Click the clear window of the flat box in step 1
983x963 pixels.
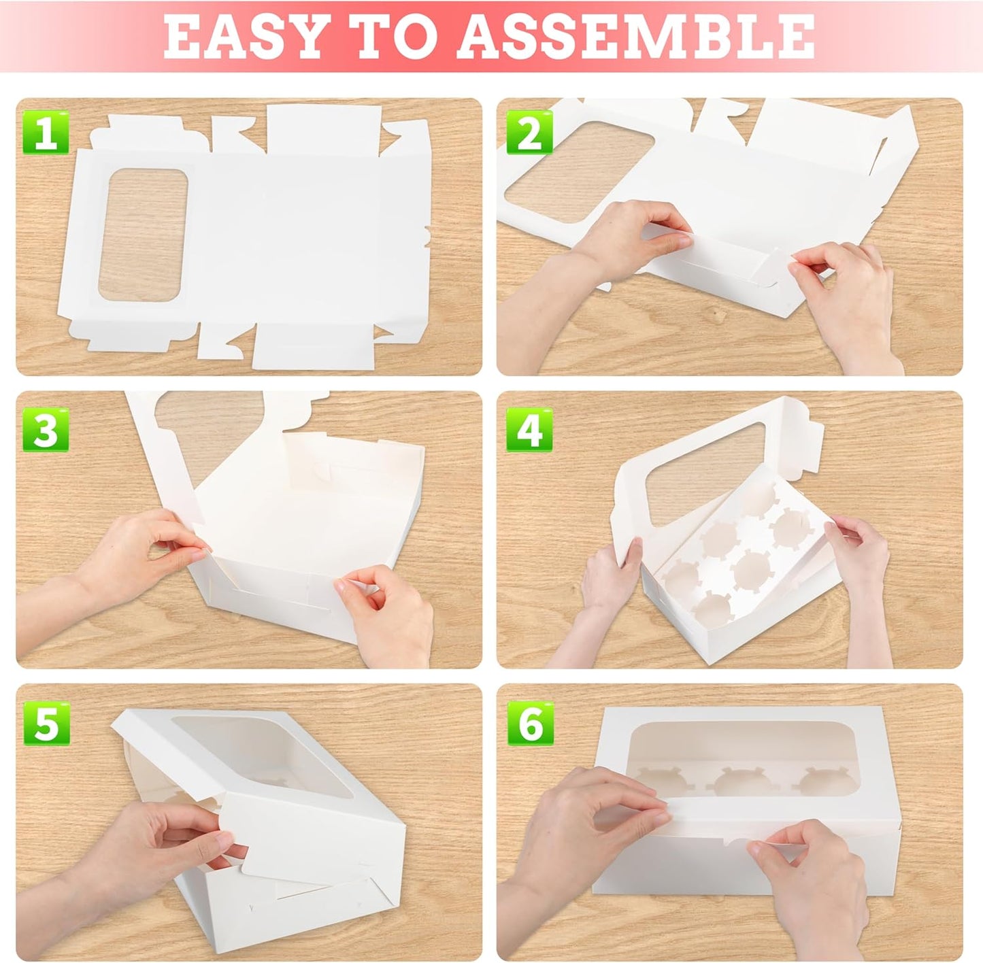point(144,235)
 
